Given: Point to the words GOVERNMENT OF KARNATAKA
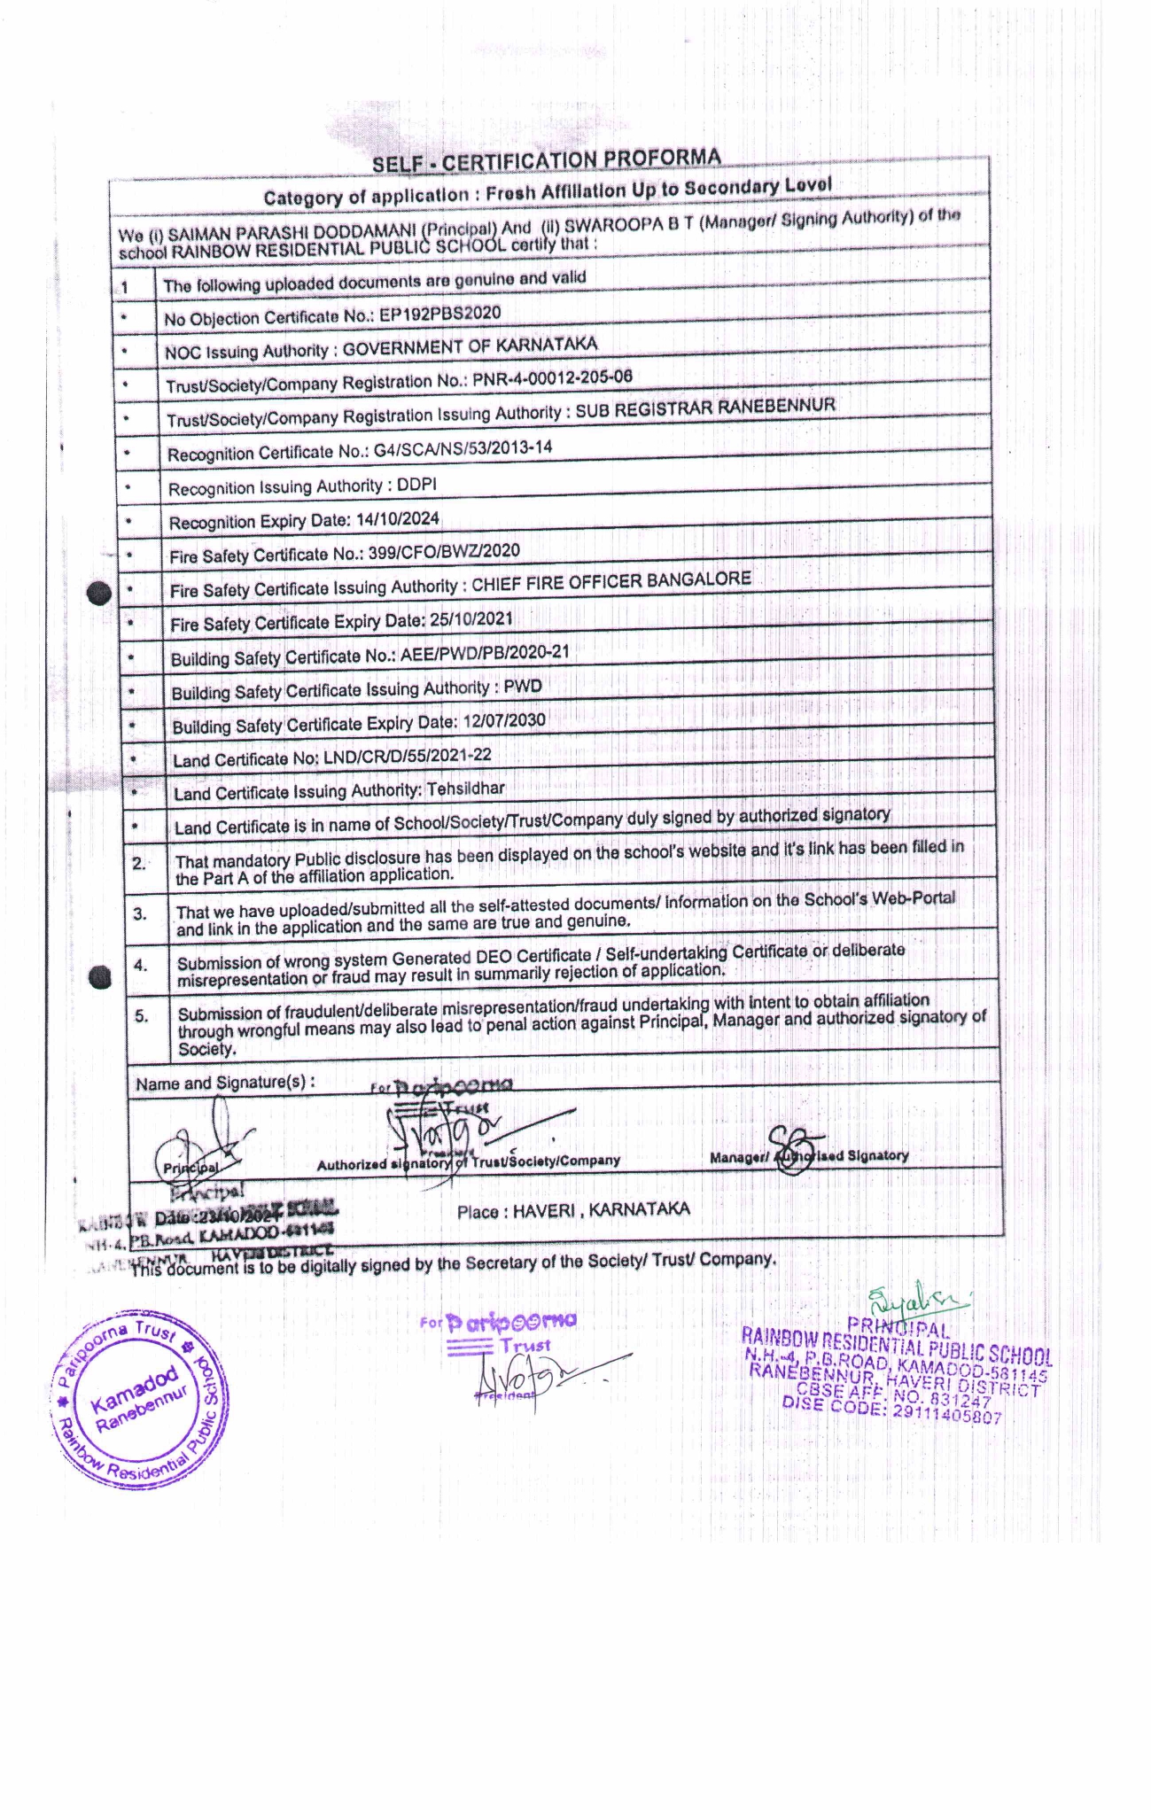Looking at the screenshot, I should [x=470, y=346].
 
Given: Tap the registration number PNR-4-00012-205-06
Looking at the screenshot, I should [x=552, y=378].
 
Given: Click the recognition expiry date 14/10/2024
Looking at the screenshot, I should [x=397, y=519].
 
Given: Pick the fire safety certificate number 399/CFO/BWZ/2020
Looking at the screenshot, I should [x=433, y=552].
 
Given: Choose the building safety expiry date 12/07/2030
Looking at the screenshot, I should [x=503, y=721].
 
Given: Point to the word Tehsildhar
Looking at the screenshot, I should [x=465, y=788].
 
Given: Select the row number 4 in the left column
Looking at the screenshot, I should [x=140, y=965].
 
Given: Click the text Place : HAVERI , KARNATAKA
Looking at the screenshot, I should [x=573, y=1210].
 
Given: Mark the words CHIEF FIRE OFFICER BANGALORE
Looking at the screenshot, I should [x=610, y=581].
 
